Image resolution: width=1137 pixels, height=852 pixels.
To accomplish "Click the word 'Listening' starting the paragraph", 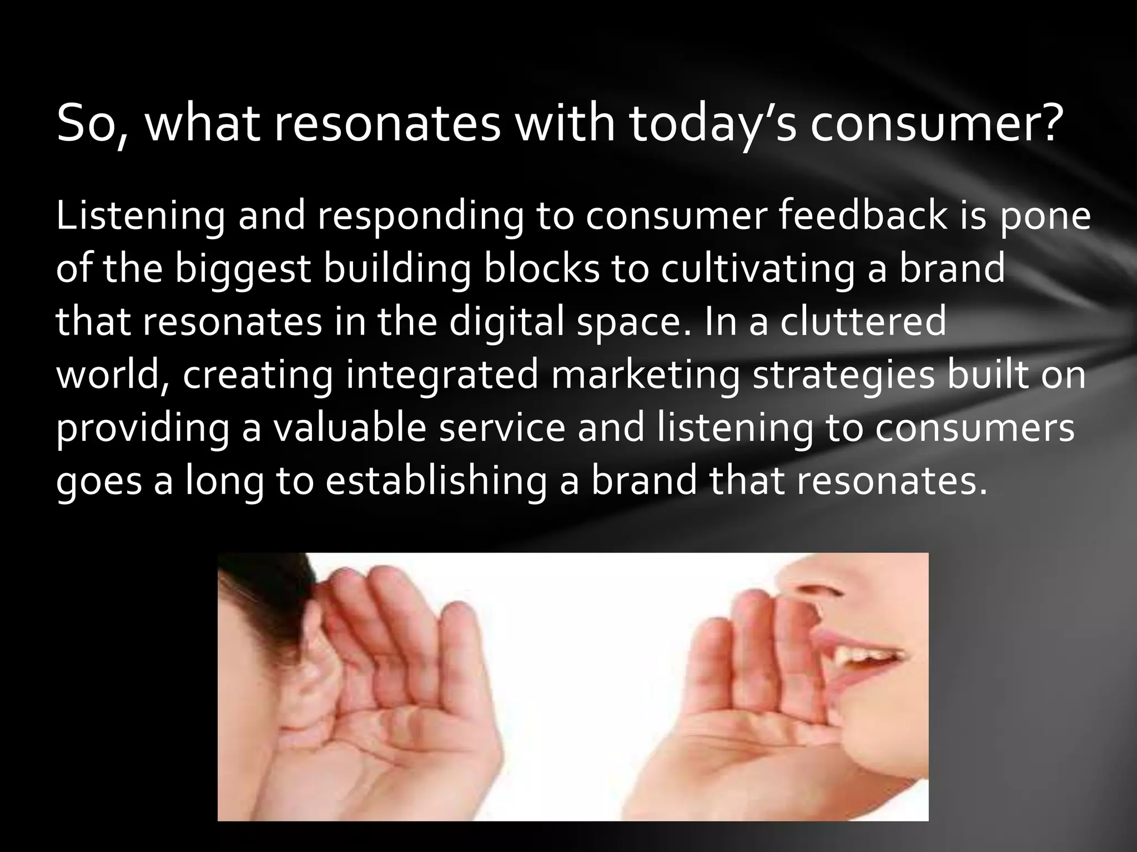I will tap(140, 217).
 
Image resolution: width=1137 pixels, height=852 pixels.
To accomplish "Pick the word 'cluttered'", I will tap(863, 322).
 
